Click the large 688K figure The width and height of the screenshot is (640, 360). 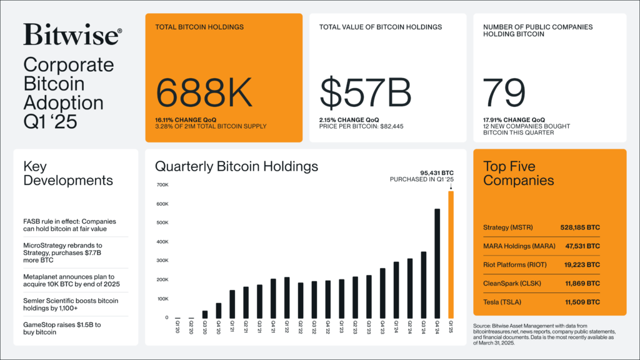[204, 92]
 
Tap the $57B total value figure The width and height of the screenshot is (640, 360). [366, 92]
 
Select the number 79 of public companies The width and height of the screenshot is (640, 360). [504, 92]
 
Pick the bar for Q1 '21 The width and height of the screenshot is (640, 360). [232, 304]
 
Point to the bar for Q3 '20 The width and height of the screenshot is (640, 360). [205, 314]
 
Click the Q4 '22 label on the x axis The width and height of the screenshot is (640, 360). [328, 328]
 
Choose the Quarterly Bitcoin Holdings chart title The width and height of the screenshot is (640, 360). [236, 166]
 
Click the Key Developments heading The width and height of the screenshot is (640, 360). [68, 174]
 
